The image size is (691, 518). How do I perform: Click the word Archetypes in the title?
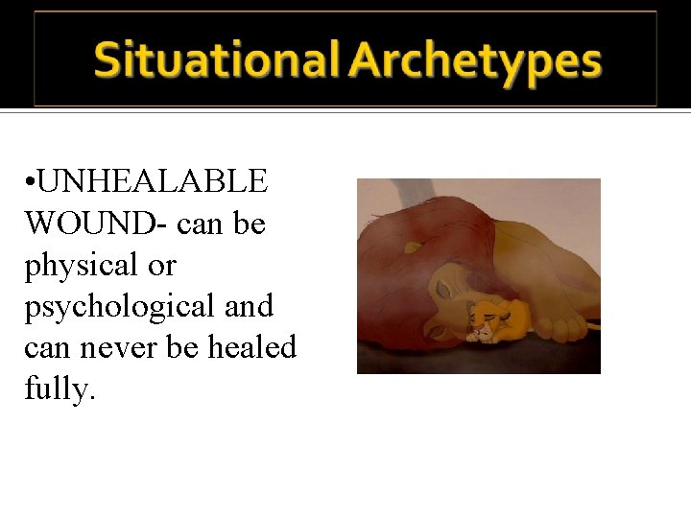pyautogui.click(x=475, y=59)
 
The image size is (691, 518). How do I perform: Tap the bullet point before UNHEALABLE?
pyautogui.click(x=32, y=181)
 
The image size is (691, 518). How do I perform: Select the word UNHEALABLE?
pyautogui.click(x=153, y=180)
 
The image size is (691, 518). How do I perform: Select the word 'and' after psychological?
pyautogui.click(x=250, y=307)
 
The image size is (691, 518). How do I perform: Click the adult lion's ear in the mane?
pyautogui.click(x=413, y=247)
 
